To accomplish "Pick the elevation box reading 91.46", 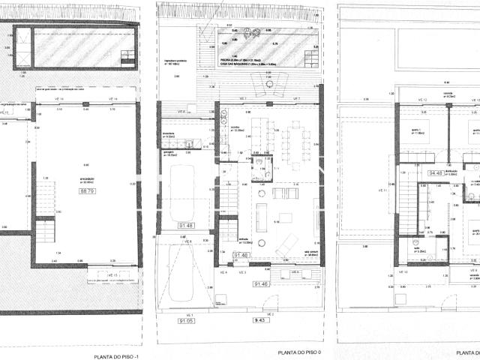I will click(261, 284).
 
